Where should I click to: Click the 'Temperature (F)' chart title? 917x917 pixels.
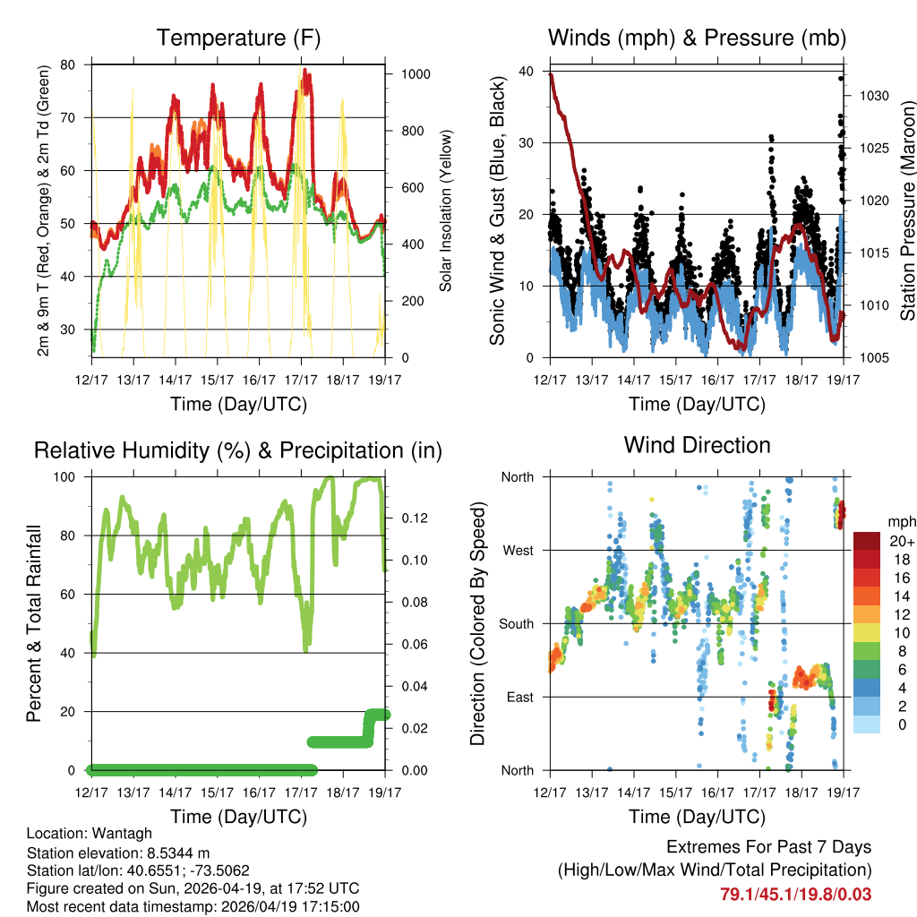pyautogui.click(x=238, y=38)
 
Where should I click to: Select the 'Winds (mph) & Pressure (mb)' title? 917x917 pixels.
pyautogui.click(x=698, y=38)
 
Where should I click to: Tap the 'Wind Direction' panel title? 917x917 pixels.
pyautogui.click(x=698, y=445)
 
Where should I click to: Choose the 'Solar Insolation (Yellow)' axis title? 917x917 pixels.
pyautogui.click(x=445, y=210)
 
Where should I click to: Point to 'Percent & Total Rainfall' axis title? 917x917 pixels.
pyautogui.click(x=33, y=623)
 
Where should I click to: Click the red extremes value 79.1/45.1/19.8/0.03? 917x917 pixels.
pyautogui.click(x=795, y=894)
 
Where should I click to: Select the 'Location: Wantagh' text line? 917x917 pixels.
pyautogui.click(x=90, y=833)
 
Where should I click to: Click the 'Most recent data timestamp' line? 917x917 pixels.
pyautogui.click(x=193, y=906)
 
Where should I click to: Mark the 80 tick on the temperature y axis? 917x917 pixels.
pyautogui.click(x=69, y=64)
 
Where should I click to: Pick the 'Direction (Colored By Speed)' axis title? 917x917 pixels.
pyautogui.click(x=478, y=623)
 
